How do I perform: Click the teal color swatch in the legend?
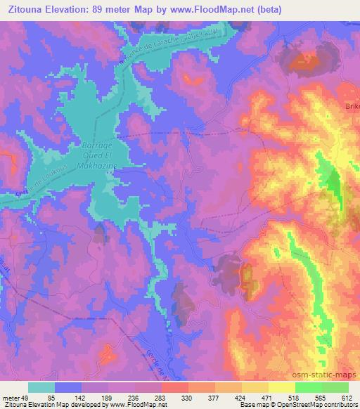point(41,387)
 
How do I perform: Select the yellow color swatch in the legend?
point(281,387)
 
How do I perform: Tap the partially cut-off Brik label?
point(351,105)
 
